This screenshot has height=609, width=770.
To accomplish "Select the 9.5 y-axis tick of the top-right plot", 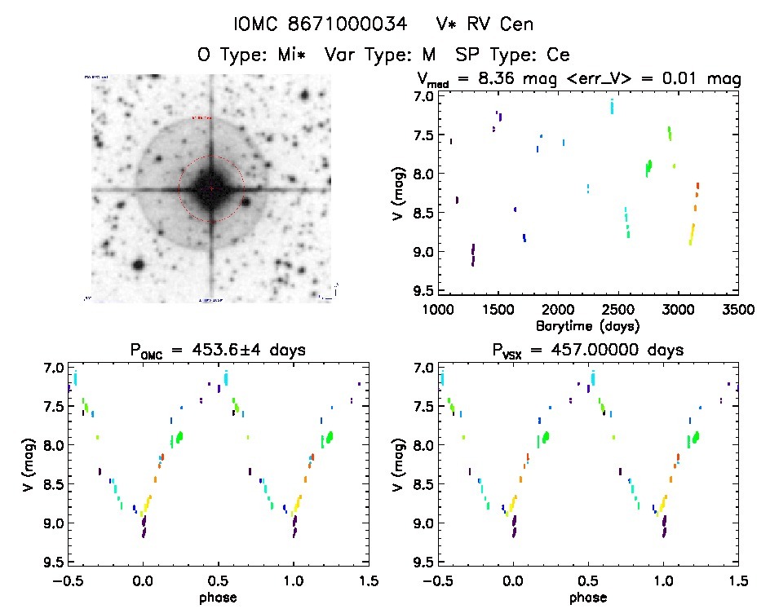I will click(423, 290).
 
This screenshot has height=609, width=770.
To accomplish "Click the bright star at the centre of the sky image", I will click(210, 189).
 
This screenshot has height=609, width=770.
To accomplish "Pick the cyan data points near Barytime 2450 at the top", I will click(612, 106).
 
